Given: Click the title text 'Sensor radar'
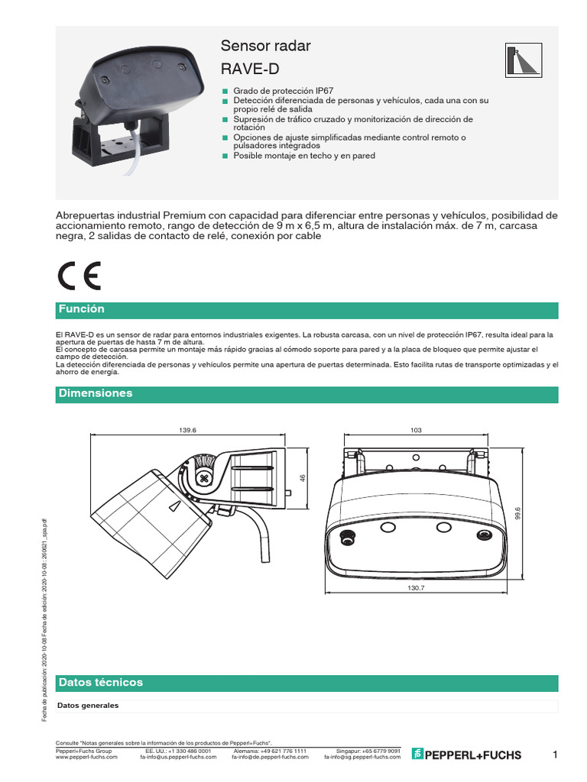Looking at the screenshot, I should point(265,46).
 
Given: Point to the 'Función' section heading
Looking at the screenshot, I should point(81,309).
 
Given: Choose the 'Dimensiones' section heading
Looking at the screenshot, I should point(96,393).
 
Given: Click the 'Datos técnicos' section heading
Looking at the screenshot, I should point(100,682).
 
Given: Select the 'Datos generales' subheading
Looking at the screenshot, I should point(88,706).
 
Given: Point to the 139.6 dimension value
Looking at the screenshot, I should point(188,431).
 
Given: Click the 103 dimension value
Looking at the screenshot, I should point(416,431).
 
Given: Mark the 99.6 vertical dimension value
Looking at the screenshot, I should point(517,514).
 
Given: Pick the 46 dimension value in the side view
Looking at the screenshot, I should point(302,478).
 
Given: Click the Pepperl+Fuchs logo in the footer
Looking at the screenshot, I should point(467,755).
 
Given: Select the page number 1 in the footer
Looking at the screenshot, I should point(556,755).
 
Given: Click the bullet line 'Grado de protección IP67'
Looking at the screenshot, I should point(273,90).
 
